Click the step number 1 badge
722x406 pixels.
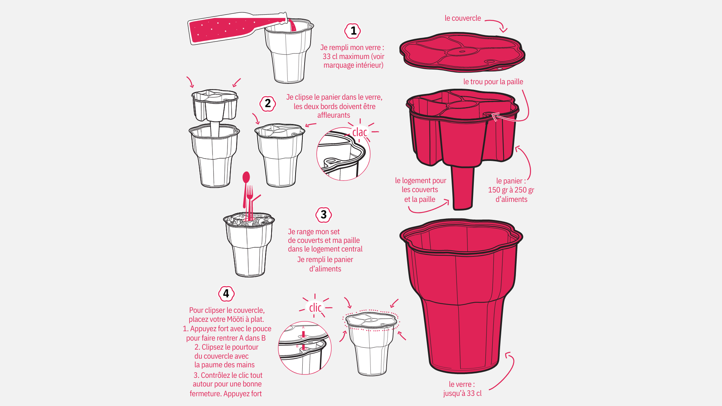click(x=353, y=31)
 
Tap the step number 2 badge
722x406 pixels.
click(x=268, y=103)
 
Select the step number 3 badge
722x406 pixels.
click(x=323, y=215)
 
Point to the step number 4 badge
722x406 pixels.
click(x=226, y=294)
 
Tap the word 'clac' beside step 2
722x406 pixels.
click(x=359, y=132)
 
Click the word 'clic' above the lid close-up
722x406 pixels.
click(x=315, y=308)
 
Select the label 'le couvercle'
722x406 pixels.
click(x=463, y=18)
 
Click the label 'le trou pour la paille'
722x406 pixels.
click(x=493, y=82)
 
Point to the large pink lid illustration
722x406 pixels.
click(x=462, y=52)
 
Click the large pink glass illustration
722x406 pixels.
click(x=461, y=296)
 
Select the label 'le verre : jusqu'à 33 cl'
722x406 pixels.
click(x=462, y=389)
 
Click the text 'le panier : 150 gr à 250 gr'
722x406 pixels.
click(x=511, y=185)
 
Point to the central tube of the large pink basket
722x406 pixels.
click(x=463, y=188)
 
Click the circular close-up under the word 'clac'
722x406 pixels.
click(x=343, y=154)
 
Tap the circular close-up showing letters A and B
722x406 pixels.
click(x=305, y=348)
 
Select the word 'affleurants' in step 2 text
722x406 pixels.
click(x=334, y=115)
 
